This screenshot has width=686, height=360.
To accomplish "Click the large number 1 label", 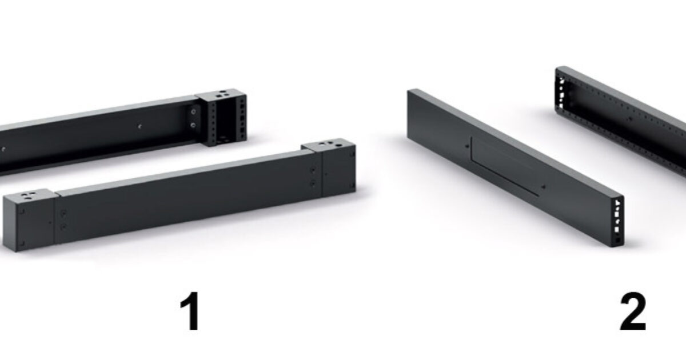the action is (x=190, y=311).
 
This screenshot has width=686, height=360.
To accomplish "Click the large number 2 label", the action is (x=633, y=311).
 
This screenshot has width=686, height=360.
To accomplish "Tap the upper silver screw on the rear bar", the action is (x=194, y=112).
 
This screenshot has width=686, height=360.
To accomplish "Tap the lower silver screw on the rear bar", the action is (x=193, y=125).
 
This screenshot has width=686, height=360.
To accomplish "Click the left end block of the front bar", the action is (x=30, y=220).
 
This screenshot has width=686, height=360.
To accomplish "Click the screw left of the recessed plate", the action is (x=466, y=146).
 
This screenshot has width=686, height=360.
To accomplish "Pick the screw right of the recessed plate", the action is (x=544, y=187).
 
